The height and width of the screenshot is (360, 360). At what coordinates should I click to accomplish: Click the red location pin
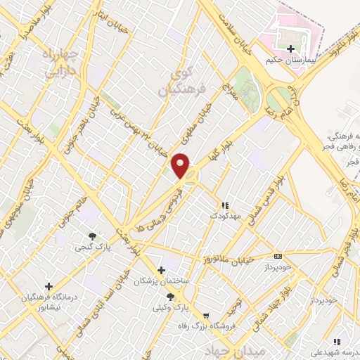pos(181,166)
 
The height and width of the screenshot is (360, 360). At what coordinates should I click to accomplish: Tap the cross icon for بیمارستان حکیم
pos(291,49)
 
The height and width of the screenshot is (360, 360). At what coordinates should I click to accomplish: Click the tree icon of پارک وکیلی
pos(160,297)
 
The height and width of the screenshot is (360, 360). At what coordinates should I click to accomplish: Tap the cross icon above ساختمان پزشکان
pos(161,270)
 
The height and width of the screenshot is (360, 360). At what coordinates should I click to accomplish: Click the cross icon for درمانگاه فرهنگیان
pos(49,286)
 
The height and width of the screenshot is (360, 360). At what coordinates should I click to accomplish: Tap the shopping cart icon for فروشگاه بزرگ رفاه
pos(206,316)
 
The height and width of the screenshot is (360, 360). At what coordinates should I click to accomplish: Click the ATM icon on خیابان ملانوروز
pos(278,256)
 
